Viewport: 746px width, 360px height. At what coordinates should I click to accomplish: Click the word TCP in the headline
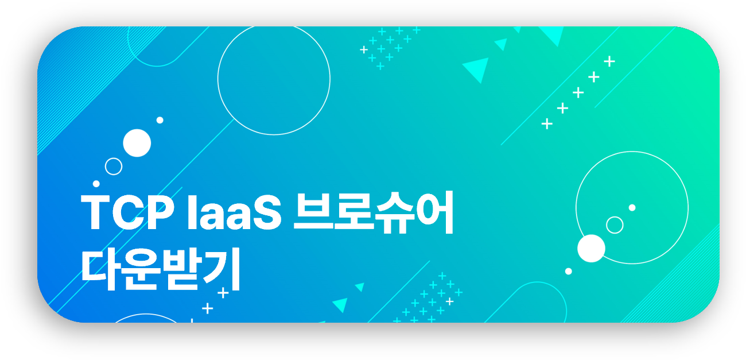[127, 212]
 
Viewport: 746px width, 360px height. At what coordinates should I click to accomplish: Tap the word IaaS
[235, 212]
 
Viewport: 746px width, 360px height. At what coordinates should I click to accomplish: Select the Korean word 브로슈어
[374, 212]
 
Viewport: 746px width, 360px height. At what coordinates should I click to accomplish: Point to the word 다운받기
[161, 269]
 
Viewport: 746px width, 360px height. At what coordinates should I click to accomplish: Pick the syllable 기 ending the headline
[223, 269]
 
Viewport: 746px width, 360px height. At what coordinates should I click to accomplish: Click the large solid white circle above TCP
[137, 143]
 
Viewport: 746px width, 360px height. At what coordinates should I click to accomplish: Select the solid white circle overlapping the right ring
[591, 249]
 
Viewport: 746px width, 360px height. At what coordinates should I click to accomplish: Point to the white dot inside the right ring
[632, 208]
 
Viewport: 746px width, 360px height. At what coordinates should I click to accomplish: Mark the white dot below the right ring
[569, 272]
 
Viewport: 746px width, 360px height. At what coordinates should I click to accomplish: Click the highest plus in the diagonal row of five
[609, 61]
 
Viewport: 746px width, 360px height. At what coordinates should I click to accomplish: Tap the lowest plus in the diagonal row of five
[547, 123]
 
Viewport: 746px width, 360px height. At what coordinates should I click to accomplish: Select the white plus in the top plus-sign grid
[364, 50]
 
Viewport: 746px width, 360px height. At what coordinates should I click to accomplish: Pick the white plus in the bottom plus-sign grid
[449, 301]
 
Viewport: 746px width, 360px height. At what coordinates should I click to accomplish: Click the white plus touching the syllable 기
[223, 293]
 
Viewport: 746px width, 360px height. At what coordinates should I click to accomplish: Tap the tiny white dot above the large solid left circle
[160, 120]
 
